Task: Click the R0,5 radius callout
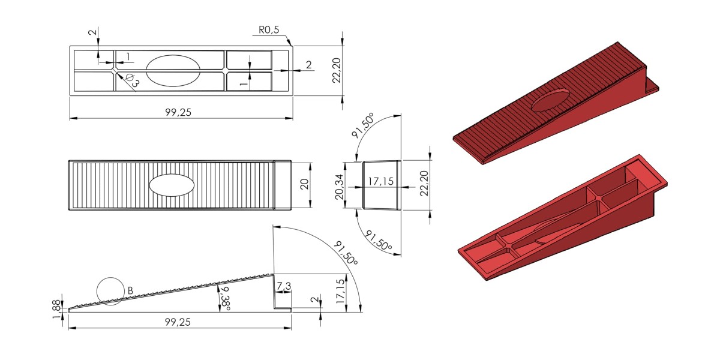(269, 30)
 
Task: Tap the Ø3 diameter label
(133, 80)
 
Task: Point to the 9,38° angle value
(225, 299)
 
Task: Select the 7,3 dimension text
(283, 286)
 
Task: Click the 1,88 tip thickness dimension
(56, 310)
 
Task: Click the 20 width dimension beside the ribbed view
(304, 184)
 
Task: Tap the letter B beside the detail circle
(130, 290)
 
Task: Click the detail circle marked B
(110, 278)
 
